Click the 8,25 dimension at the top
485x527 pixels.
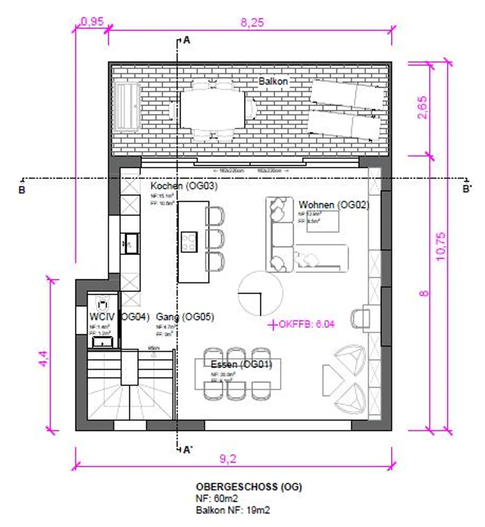click(x=252, y=23)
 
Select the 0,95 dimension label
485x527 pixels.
click(x=92, y=22)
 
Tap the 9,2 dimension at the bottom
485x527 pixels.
click(x=228, y=459)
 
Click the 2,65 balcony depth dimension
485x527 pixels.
click(x=422, y=107)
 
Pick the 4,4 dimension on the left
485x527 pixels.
click(x=43, y=358)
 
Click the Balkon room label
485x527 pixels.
click(x=273, y=81)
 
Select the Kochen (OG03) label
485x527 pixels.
click(x=184, y=186)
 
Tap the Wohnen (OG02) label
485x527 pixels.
click(x=334, y=205)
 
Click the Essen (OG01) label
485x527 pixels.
click(x=241, y=364)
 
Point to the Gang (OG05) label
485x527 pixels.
click(x=185, y=317)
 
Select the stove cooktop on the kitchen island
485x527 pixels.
click(x=189, y=242)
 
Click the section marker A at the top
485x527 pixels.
click(x=187, y=40)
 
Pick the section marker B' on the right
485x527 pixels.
click(x=466, y=189)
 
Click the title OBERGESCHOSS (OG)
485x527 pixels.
click(x=249, y=487)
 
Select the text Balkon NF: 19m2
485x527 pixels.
click(x=233, y=510)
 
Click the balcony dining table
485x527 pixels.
click(x=213, y=110)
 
